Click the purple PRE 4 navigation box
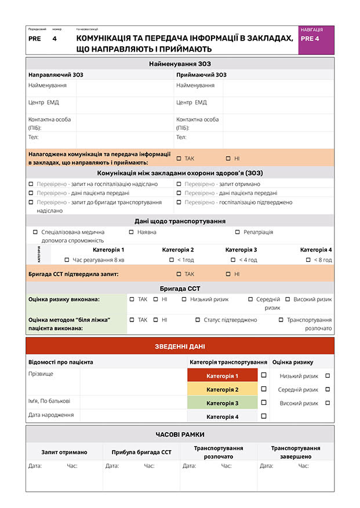pyautogui.click(x=316, y=40)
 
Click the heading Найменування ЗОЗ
pyautogui.click(x=180, y=64)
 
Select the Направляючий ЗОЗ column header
pyautogui.click(x=56, y=75)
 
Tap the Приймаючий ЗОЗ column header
pyautogui.click(x=201, y=75)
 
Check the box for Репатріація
pyautogui.click(x=238, y=232)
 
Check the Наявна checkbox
pyautogui.click(x=132, y=232)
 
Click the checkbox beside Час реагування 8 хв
pyautogui.click(x=67, y=260)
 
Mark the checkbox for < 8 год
pyautogui.click(x=308, y=260)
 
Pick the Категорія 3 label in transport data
pyautogui.click(x=241, y=250)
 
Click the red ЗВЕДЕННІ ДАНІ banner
pyautogui.click(x=180, y=346)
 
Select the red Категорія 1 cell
pyautogui.click(x=222, y=376)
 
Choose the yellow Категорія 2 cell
pyautogui.click(x=222, y=390)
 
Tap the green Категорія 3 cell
pyautogui.click(x=222, y=403)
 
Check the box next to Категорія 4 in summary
pyautogui.click(x=264, y=416)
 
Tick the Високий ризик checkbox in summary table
pyautogui.click(x=328, y=403)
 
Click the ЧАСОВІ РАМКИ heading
pyautogui.click(x=180, y=434)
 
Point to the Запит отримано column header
pyautogui.click(x=64, y=452)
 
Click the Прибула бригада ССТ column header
pyautogui.click(x=141, y=452)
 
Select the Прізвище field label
pyautogui.click(x=41, y=374)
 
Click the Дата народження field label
pyautogui.click(x=51, y=415)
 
